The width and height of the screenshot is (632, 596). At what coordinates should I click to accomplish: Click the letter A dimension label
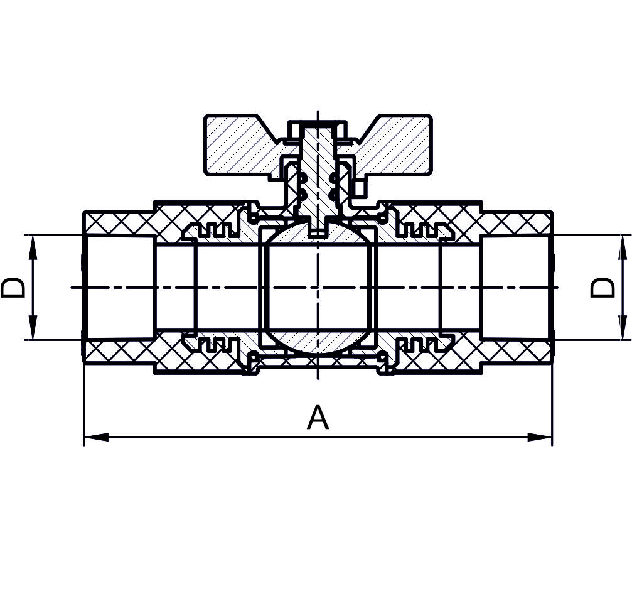coord(318,418)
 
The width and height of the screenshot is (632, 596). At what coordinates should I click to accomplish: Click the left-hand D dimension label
coord(13,287)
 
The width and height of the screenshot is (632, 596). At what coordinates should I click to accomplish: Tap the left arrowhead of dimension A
coord(96,437)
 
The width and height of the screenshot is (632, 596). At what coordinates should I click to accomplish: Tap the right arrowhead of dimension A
coord(540,437)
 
